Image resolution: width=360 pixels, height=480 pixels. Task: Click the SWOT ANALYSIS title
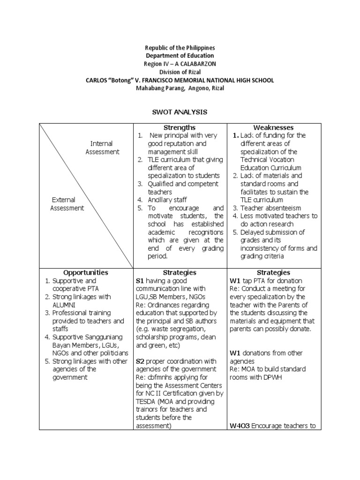180,112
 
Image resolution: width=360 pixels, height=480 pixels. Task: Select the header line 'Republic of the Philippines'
180,48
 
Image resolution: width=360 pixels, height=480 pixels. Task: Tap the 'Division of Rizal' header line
180,72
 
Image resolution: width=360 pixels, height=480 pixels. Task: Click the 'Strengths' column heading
180,127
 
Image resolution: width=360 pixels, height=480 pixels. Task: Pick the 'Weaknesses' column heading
273,127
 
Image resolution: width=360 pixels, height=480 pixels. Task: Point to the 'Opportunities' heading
86,272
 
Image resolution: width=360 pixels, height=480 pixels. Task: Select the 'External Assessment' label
67,204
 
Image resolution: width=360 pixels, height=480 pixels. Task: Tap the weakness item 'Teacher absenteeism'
270,208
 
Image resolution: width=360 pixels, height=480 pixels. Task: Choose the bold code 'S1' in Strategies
140,280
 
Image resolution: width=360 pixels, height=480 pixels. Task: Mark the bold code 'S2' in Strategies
140,361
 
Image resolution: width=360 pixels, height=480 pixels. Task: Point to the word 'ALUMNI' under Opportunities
65,305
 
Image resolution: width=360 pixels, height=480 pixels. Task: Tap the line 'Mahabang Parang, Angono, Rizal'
180,88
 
